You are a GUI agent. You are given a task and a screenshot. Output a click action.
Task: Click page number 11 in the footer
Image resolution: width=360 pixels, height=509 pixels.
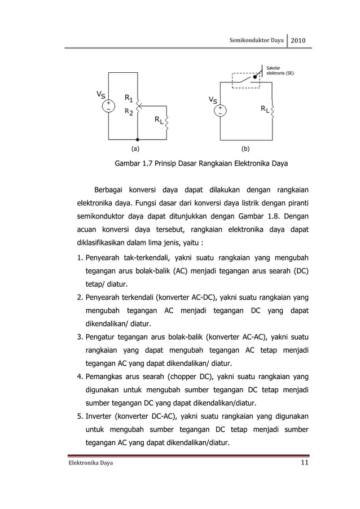coord(305,463)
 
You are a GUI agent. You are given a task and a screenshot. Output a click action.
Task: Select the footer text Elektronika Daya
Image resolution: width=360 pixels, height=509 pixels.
coord(90,464)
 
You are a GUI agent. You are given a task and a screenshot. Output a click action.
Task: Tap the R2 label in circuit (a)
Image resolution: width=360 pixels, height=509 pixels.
coord(129,112)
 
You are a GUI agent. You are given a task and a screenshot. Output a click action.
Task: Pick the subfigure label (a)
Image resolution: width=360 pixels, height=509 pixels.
coord(135,150)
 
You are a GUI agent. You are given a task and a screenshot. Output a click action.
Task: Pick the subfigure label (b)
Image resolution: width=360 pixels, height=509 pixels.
coord(245,150)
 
